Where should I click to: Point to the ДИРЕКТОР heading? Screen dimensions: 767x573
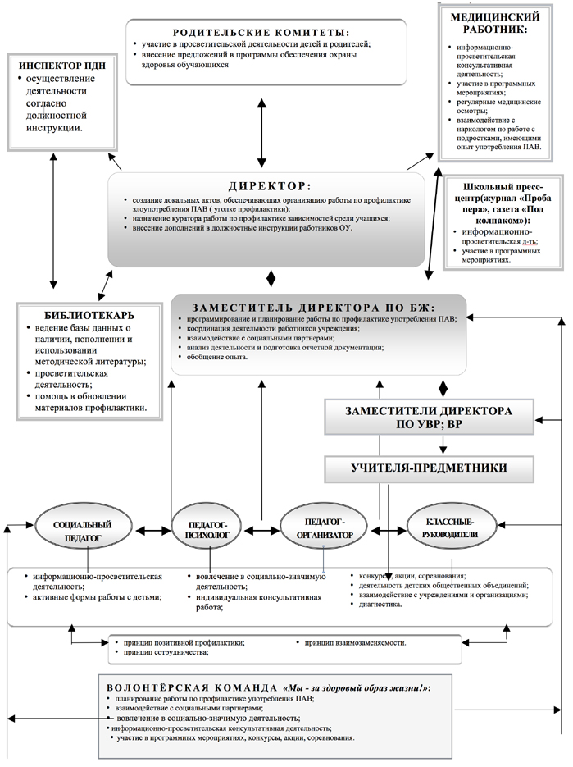point(267,185)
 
